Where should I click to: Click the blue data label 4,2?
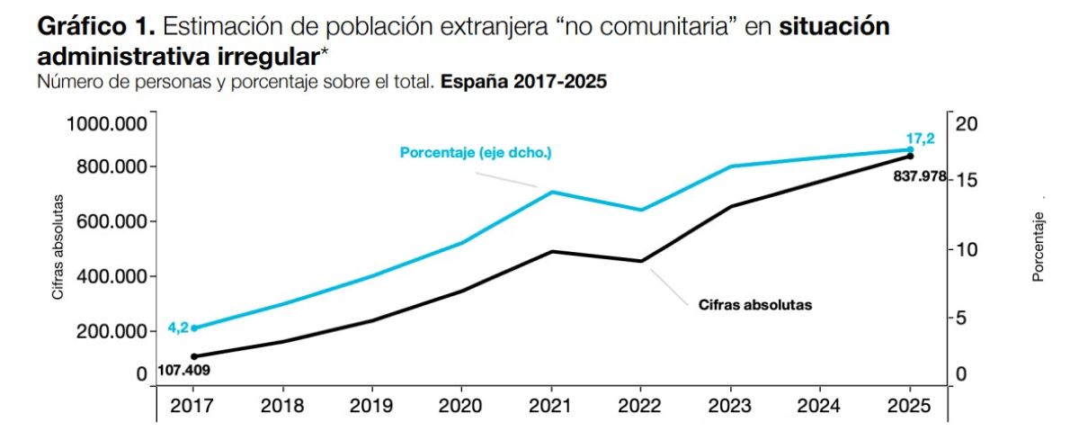tap(177, 328)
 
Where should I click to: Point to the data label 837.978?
tap(919, 177)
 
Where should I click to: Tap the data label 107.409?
tap(183, 369)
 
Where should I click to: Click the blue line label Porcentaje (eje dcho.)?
tap(476, 153)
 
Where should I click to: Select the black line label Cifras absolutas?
tap(755, 305)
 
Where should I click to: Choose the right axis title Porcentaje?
tap(1039, 247)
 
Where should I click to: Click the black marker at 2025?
tap(910, 157)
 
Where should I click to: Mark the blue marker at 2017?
tap(194, 328)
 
